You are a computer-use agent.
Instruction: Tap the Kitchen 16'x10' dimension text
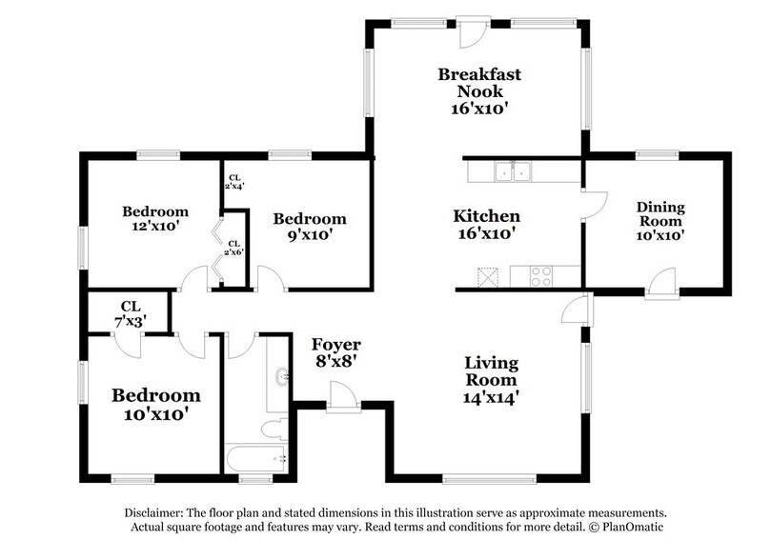[x=485, y=232]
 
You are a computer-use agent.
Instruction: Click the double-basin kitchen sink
[x=513, y=171]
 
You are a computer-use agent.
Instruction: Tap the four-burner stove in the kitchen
[x=541, y=277]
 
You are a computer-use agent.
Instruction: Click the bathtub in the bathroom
[x=255, y=459]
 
